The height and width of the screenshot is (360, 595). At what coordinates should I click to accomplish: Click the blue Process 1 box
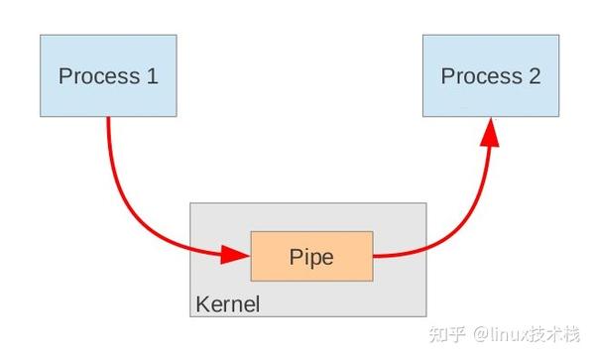108,75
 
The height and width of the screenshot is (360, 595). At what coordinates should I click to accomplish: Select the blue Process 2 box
491,75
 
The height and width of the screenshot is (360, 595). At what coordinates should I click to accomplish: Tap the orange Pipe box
311,256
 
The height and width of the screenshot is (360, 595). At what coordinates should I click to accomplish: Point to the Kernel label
228,303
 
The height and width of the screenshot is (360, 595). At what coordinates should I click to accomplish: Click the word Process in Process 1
96,76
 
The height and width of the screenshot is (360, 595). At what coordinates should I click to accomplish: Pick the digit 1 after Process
152,76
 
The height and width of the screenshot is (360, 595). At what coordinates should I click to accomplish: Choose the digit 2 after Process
535,76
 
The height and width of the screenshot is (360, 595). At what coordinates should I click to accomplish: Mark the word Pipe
311,257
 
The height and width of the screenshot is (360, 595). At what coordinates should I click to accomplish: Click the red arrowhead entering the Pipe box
235,254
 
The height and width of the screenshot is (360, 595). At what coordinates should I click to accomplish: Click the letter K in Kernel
202,303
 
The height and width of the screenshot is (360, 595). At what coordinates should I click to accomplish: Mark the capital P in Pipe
295,257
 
